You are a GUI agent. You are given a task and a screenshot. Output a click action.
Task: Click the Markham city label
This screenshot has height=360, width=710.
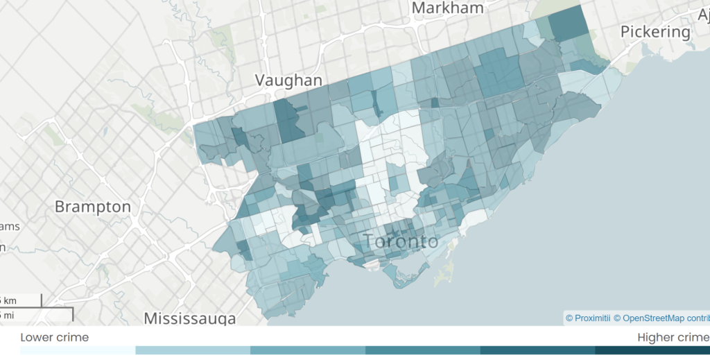[x=447, y=8]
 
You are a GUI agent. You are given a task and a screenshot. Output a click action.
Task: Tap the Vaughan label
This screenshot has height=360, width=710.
[x=288, y=80]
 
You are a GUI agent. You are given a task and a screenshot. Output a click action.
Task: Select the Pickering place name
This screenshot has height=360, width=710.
[x=655, y=32]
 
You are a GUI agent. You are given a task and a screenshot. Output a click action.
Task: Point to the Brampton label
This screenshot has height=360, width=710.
[x=92, y=207]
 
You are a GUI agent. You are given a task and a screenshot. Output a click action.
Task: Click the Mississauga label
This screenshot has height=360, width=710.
[x=189, y=318]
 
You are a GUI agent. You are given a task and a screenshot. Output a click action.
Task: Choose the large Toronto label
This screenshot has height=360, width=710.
[x=401, y=241]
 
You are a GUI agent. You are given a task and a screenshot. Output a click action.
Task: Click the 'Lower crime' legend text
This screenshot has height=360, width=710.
[x=54, y=337]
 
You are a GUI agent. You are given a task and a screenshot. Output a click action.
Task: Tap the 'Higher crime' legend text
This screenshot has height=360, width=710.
[x=671, y=337]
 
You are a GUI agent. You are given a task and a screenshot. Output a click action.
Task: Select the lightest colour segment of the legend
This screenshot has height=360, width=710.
[x=78, y=350]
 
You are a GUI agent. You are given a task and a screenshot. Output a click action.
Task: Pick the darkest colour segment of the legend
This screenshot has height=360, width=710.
[x=652, y=350]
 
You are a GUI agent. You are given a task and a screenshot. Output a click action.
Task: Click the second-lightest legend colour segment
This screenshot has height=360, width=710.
[x=192, y=350]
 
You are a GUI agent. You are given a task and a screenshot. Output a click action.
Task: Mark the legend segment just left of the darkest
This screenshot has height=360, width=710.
[x=537, y=350]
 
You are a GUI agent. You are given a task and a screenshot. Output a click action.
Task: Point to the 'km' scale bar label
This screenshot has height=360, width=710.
[x=10, y=300]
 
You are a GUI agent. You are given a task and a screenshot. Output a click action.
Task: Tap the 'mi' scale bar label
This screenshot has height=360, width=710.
[x=8, y=316]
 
